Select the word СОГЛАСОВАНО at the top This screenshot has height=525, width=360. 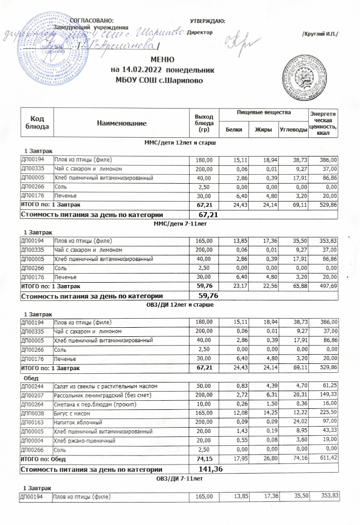(x=92, y=21)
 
